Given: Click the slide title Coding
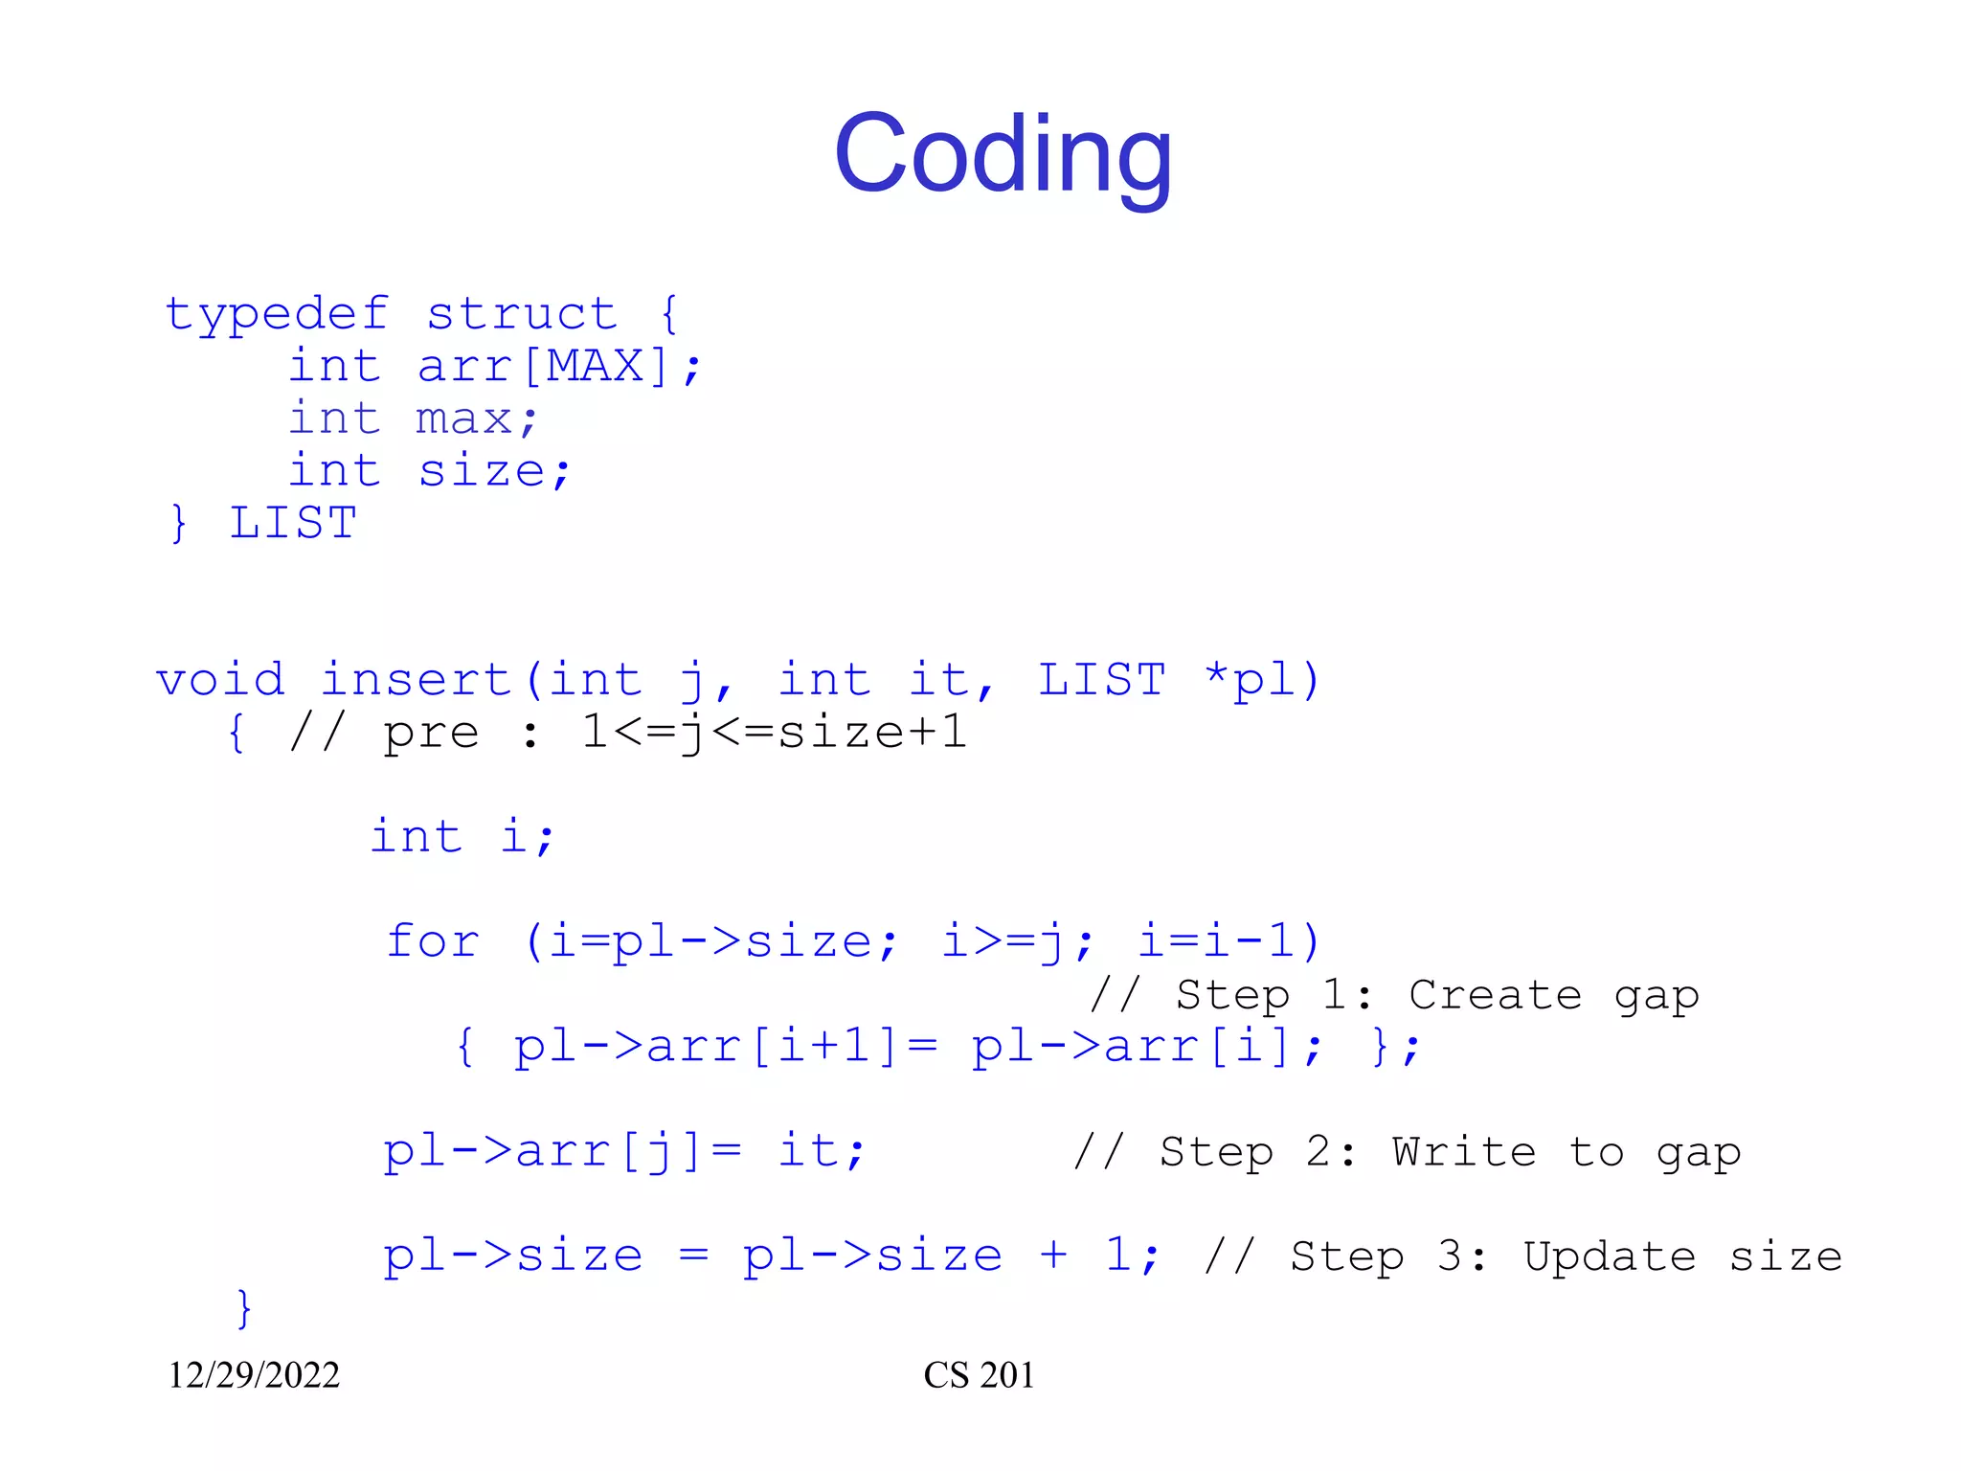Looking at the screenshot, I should [x=1003, y=153].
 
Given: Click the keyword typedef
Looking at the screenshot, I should [x=277, y=314].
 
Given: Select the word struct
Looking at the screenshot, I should [x=522, y=314].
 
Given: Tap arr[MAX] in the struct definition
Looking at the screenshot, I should [x=542, y=366].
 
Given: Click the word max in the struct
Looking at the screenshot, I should [x=463, y=419].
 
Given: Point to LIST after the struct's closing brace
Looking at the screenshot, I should [x=293, y=523].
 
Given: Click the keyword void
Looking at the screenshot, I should [x=220, y=680].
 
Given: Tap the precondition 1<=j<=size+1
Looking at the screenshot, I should [x=774, y=733].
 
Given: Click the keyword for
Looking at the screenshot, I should [x=433, y=940].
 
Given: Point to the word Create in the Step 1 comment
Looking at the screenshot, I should [x=1495, y=995].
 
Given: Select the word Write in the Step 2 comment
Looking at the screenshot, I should [x=1464, y=1151].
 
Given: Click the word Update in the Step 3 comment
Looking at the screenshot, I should [x=1610, y=1256].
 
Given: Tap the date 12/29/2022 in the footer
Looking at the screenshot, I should [x=254, y=1375].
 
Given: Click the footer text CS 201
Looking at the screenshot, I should [x=979, y=1375].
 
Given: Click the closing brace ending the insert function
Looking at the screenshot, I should [x=244, y=1308].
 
